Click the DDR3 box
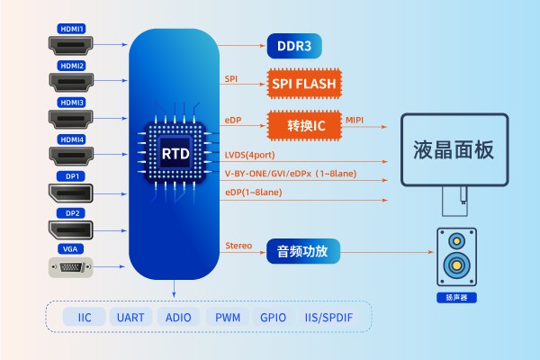[x=294, y=45]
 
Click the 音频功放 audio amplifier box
[x=303, y=250]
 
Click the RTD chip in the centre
[x=175, y=153]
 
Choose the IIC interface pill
[x=85, y=317]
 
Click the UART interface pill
[x=130, y=317]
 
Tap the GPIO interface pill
[x=273, y=317]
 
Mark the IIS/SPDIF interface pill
[x=330, y=317]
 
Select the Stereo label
[x=238, y=246]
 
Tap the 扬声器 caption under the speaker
[x=455, y=297]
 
